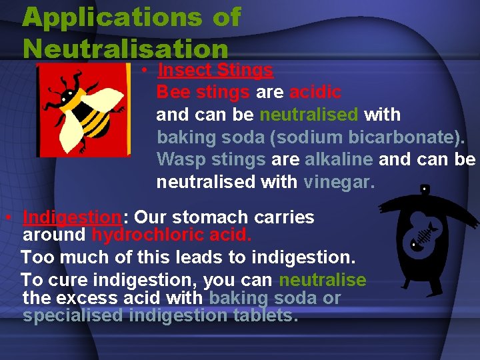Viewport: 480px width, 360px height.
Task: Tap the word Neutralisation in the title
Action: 125,49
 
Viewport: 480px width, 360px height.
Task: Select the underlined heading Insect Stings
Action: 215,70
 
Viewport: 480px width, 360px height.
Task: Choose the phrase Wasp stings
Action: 211,159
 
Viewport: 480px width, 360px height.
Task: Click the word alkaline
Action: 339,159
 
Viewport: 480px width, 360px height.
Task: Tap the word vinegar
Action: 339,181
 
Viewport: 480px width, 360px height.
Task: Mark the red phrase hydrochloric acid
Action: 171,235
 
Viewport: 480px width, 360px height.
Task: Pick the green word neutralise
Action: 323,280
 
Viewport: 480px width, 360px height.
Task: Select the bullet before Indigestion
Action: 6,218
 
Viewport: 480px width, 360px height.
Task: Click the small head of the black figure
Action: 425,189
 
